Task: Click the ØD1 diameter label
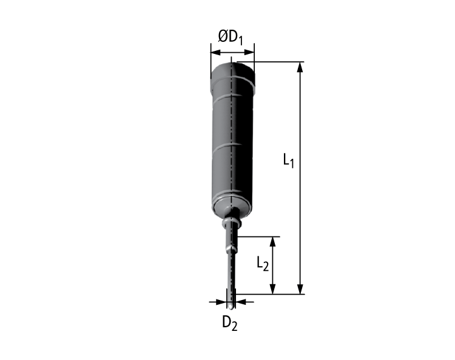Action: [230, 37]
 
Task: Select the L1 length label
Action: [288, 161]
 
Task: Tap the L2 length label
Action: [262, 264]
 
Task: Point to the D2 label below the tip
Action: [229, 322]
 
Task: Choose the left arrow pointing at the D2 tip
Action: [222, 301]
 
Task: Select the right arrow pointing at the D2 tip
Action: [239, 301]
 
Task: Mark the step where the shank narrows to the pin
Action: [231, 249]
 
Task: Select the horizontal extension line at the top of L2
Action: [258, 236]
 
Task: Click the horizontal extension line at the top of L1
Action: [276, 62]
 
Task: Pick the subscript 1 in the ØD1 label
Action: [240, 40]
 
